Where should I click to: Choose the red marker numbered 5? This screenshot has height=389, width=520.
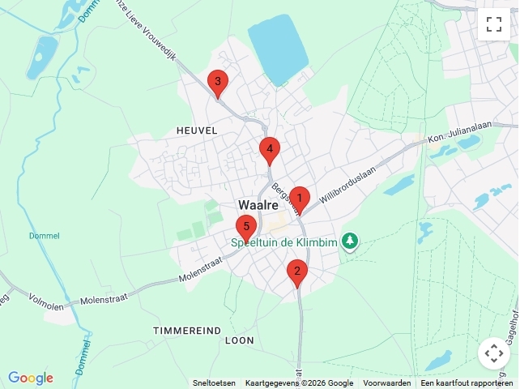(246, 227)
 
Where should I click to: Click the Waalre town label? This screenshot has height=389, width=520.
(258, 205)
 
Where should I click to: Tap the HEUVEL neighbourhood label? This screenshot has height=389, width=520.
(196, 130)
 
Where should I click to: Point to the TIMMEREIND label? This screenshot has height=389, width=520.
(187, 331)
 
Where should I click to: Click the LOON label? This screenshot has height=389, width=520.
(239, 341)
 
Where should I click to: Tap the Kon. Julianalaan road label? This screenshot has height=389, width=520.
(459, 137)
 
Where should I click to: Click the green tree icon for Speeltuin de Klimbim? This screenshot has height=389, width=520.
(350, 242)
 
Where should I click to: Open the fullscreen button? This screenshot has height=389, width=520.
(494, 24)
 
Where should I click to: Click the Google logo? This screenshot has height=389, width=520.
(31, 378)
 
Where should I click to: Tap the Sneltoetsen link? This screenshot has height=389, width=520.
(214, 383)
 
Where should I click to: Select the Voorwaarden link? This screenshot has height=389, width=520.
(386, 383)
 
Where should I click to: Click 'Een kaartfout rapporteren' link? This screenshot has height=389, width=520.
(466, 383)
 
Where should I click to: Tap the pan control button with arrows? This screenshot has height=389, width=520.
(494, 353)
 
